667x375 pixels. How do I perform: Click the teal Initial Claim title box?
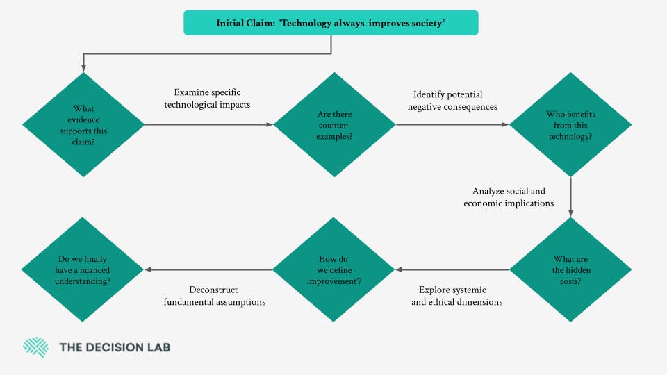(331, 23)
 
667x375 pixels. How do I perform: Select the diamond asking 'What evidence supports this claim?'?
(83, 124)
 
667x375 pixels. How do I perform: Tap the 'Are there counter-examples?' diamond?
(333, 124)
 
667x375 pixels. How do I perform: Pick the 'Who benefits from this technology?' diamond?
(570, 124)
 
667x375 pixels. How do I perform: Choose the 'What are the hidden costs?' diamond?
(570, 269)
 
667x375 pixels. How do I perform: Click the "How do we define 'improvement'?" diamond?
(333, 269)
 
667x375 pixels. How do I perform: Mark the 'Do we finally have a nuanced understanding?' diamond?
(83, 269)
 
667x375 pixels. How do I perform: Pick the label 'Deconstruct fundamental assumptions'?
(215, 296)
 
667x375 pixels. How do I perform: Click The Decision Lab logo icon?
(35, 347)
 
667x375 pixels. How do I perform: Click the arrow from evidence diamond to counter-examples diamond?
(208, 125)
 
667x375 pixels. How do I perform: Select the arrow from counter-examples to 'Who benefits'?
(452, 125)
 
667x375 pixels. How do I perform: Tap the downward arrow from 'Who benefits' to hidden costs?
(570, 198)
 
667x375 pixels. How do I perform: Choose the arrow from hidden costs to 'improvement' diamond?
(452, 269)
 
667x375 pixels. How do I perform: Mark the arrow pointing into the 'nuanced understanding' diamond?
(208, 269)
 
